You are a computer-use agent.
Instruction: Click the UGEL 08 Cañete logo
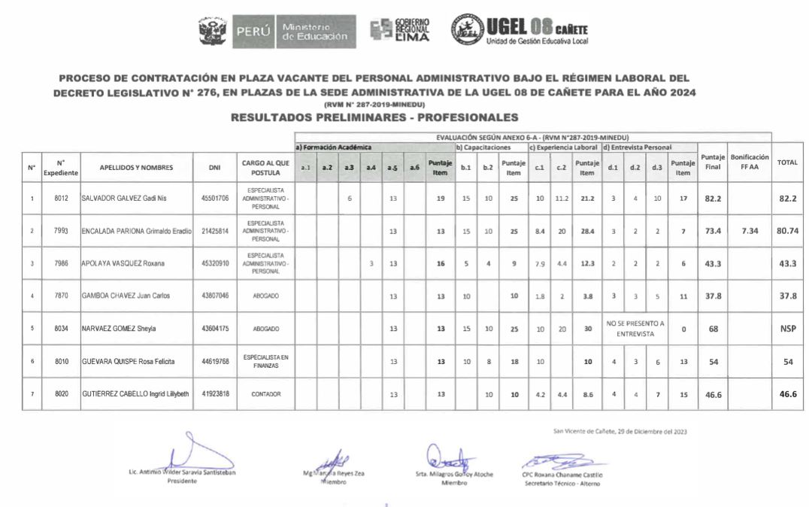coord(519,29)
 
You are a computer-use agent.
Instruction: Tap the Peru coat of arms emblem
coord(212,31)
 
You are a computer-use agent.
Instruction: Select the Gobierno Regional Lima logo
coord(400,30)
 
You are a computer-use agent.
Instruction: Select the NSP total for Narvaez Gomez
coord(787,328)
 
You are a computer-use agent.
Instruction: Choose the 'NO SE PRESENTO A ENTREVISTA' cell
coord(635,328)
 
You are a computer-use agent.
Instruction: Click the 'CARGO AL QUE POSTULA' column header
coord(265,167)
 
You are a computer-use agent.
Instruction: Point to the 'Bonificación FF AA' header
coord(749,162)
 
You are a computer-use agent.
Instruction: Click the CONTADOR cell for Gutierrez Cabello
coord(265,393)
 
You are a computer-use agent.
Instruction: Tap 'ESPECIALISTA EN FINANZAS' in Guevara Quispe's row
coord(265,361)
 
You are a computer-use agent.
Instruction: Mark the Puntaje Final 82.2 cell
coord(712,199)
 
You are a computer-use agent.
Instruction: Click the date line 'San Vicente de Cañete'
coord(619,432)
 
